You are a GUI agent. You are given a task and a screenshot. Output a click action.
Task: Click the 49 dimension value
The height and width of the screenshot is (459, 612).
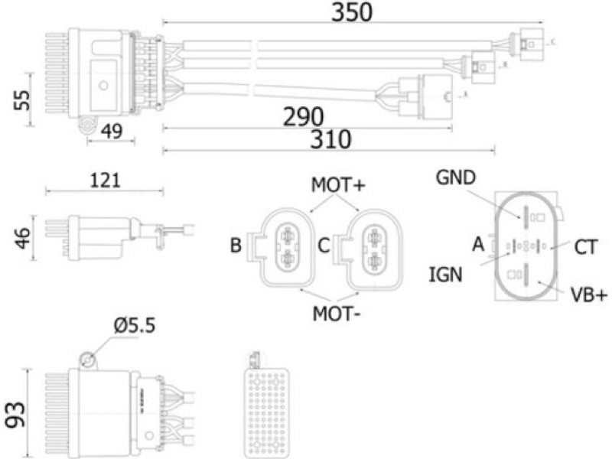click(112, 132)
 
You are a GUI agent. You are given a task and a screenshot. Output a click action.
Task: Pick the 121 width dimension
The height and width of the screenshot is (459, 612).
click(105, 181)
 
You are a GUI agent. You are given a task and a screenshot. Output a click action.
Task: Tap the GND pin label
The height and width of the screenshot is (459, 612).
click(456, 178)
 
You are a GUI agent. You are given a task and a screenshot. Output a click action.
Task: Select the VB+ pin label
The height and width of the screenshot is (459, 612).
click(588, 295)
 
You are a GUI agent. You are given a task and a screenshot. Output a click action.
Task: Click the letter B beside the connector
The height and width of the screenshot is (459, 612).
click(236, 246)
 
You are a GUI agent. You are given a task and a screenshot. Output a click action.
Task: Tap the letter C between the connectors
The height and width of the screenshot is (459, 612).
click(324, 246)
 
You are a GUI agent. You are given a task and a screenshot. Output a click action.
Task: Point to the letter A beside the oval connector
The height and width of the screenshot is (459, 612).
click(479, 245)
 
